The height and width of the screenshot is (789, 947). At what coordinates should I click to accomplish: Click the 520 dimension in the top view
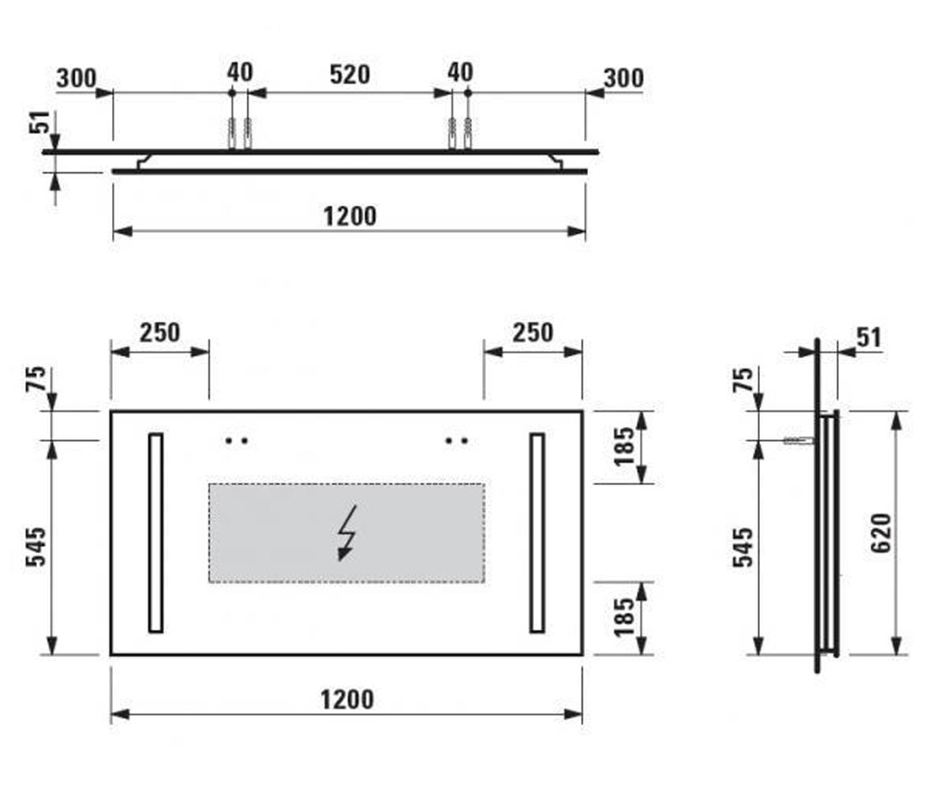350,75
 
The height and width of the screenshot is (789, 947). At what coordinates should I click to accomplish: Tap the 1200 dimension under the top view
350,216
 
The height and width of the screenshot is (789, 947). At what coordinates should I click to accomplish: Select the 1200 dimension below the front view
347,700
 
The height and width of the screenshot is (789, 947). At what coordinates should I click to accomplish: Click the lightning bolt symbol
347,533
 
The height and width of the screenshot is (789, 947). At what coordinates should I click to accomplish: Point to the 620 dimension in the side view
881,533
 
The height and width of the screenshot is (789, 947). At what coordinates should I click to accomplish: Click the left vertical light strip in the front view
155,533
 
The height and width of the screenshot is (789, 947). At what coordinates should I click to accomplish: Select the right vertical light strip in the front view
537,533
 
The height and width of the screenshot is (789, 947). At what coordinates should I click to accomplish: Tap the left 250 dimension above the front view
159,333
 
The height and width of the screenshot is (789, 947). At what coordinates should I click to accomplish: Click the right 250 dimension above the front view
533,333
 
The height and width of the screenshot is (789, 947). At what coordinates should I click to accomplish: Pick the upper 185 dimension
623,447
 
